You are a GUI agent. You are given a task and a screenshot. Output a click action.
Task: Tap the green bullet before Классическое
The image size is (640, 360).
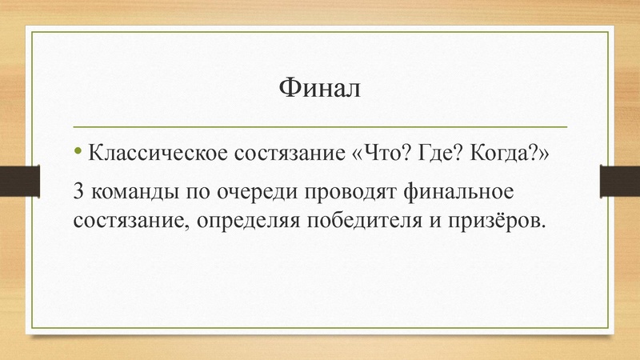(x=78, y=151)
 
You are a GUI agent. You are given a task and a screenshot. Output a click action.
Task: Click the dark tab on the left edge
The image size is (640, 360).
(x=14, y=180)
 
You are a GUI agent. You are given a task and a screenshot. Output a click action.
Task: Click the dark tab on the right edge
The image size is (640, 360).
(x=622, y=180)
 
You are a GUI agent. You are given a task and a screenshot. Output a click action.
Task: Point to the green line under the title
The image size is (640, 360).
(x=320, y=127)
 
